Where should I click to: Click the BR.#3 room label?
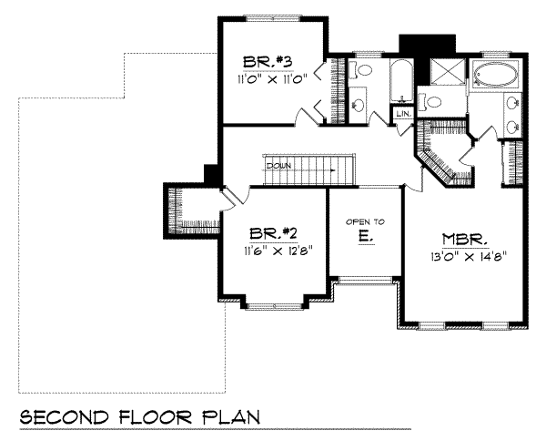267,62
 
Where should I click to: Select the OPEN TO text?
364,221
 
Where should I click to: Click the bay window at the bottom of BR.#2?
277,302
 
